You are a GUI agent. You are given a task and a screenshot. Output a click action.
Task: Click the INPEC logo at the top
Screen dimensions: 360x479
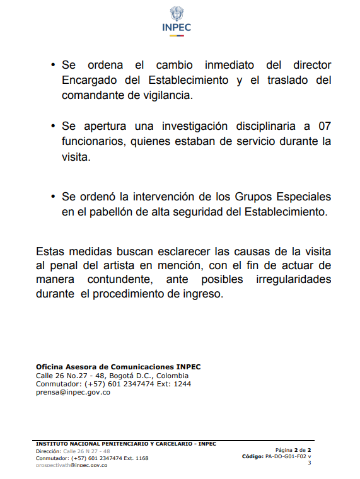tap(177, 21)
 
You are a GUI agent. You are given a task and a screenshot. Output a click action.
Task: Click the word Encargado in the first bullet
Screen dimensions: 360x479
tap(91, 81)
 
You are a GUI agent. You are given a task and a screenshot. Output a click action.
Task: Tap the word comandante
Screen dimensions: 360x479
tap(95, 96)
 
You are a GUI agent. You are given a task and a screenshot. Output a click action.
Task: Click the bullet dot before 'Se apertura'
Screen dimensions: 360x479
tap(53, 127)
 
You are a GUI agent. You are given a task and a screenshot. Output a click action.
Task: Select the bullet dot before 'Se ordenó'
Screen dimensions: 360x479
tap(53, 197)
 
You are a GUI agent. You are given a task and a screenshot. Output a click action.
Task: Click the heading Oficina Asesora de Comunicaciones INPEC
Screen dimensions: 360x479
tap(119, 366)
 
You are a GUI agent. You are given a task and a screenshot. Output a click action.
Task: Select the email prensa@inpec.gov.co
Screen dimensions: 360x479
tap(73, 391)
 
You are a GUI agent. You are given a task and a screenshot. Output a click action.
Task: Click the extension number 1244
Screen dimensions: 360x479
tap(182, 383)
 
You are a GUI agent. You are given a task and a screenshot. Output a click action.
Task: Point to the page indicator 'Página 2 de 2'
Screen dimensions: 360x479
tap(293, 449)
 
